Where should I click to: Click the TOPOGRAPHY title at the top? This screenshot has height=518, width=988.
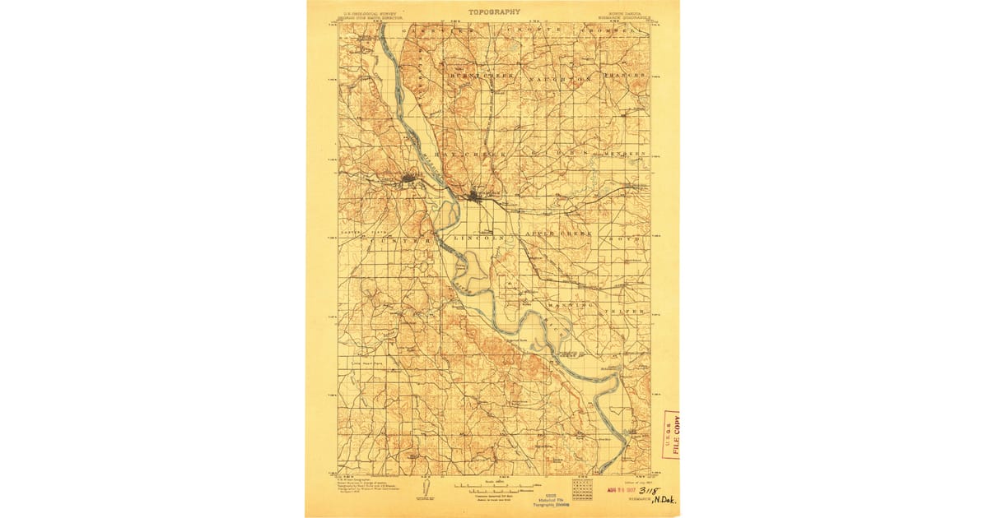(x=494, y=12)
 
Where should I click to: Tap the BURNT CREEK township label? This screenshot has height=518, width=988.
(x=482, y=76)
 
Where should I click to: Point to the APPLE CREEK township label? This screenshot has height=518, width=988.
(x=558, y=234)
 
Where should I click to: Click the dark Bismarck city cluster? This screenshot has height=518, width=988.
(x=478, y=196)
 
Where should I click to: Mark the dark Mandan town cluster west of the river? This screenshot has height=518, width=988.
(x=409, y=179)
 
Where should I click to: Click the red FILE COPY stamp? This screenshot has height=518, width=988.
(x=673, y=434)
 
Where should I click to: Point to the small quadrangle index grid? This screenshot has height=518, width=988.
(x=582, y=488)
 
